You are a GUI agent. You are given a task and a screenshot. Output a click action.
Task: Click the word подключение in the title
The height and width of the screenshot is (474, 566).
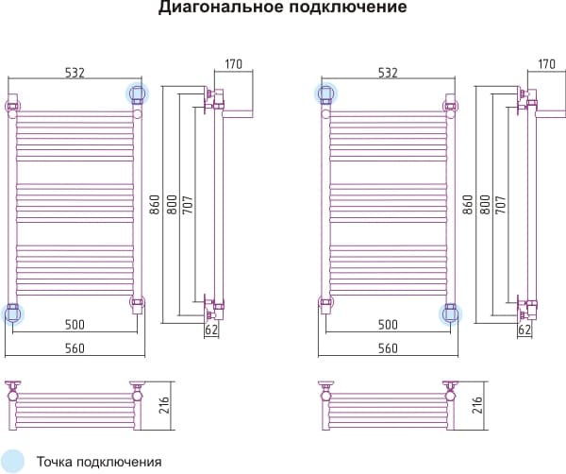pyautogui.click(x=347, y=8)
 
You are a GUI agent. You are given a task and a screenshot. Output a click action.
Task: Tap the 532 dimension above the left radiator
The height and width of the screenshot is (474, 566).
pyautogui.click(x=75, y=73)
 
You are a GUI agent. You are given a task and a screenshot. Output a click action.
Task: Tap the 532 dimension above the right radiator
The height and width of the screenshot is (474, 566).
pyautogui.click(x=388, y=73)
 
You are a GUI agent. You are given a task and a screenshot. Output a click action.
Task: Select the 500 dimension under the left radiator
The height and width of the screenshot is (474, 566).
pyautogui.click(x=75, y=325)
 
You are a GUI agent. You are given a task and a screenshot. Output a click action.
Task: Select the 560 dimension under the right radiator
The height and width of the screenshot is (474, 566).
pyautogui.click(x=388, y=348)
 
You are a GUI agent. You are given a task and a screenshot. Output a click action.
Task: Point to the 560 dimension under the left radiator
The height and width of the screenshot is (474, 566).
pyautogui.click(x=75, y=348)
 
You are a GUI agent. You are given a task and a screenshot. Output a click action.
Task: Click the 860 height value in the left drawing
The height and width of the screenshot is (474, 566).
pyautogui.click(x=155, y=205)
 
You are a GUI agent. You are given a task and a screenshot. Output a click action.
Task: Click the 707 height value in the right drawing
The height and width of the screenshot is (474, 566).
pyautogui.click(x=501, y=205)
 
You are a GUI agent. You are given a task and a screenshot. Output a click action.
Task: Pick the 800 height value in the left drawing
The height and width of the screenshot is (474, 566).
pyautogui.click(x=173, y=205)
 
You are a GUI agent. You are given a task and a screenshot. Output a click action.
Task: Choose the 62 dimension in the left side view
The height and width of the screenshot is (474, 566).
pyautogui.click(x=211, y=330)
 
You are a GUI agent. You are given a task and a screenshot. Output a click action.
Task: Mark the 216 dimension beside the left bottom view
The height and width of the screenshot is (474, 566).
pyautogui.click(x=164, y=405)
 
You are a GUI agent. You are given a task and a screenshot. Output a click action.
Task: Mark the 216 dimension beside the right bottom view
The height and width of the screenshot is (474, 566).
pyautogui.click(x=476, y=405)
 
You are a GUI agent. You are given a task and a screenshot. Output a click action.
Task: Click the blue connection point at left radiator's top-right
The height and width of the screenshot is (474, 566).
pyautogui.click(x=137, y=93)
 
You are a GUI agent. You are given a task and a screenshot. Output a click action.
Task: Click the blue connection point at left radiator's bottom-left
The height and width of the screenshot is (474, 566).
pyautogui.click(x=12, y=313)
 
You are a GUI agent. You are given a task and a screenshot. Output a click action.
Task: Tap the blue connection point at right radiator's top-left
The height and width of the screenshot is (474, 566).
pyautogui.click(x=326, y=93)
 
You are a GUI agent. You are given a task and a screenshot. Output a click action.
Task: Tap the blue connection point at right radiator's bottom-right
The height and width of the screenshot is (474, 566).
pyautogui.click(x=450, y=313)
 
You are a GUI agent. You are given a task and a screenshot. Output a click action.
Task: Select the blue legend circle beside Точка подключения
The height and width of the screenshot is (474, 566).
pyautogui.click(x=12, y=462)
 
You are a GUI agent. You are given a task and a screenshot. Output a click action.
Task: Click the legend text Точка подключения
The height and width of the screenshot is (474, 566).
pyautogui.click(x=99, y=462)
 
